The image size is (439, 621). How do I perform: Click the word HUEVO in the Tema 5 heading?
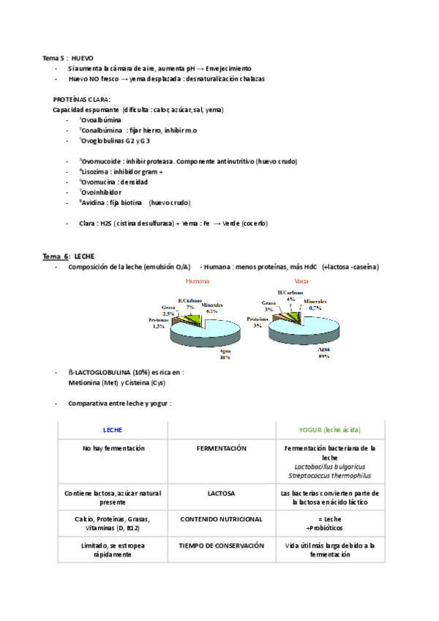[82, 57]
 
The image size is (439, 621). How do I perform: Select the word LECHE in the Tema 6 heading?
[85, 256]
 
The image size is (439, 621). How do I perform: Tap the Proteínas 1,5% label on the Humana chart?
[159, 324]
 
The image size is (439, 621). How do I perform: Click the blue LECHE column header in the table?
[113, 431]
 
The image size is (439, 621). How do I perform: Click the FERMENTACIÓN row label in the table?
[222, 448]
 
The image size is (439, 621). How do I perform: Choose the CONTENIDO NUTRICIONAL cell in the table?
[222, 519]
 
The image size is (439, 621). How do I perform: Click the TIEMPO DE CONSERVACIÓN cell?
[222, 546]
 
